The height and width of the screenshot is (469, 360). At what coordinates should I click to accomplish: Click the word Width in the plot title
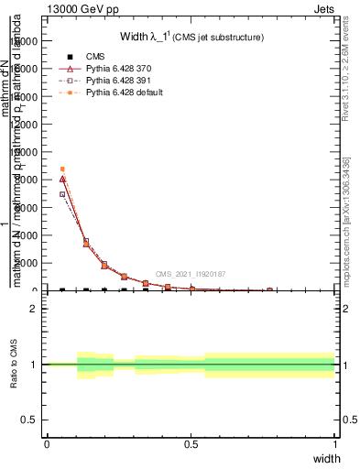coord(135,37)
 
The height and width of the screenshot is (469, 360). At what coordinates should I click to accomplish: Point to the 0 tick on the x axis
coord(47,444)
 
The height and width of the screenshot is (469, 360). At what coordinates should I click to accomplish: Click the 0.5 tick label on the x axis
coord(191,444)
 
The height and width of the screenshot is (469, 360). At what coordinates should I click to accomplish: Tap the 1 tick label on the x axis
coord(335,444)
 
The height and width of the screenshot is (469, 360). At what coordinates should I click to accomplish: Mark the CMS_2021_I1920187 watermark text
coord(191,274)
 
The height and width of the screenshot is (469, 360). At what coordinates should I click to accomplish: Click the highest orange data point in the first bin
coord(62,169)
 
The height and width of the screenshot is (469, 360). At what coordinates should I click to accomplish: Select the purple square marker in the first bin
coord(62,194)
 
